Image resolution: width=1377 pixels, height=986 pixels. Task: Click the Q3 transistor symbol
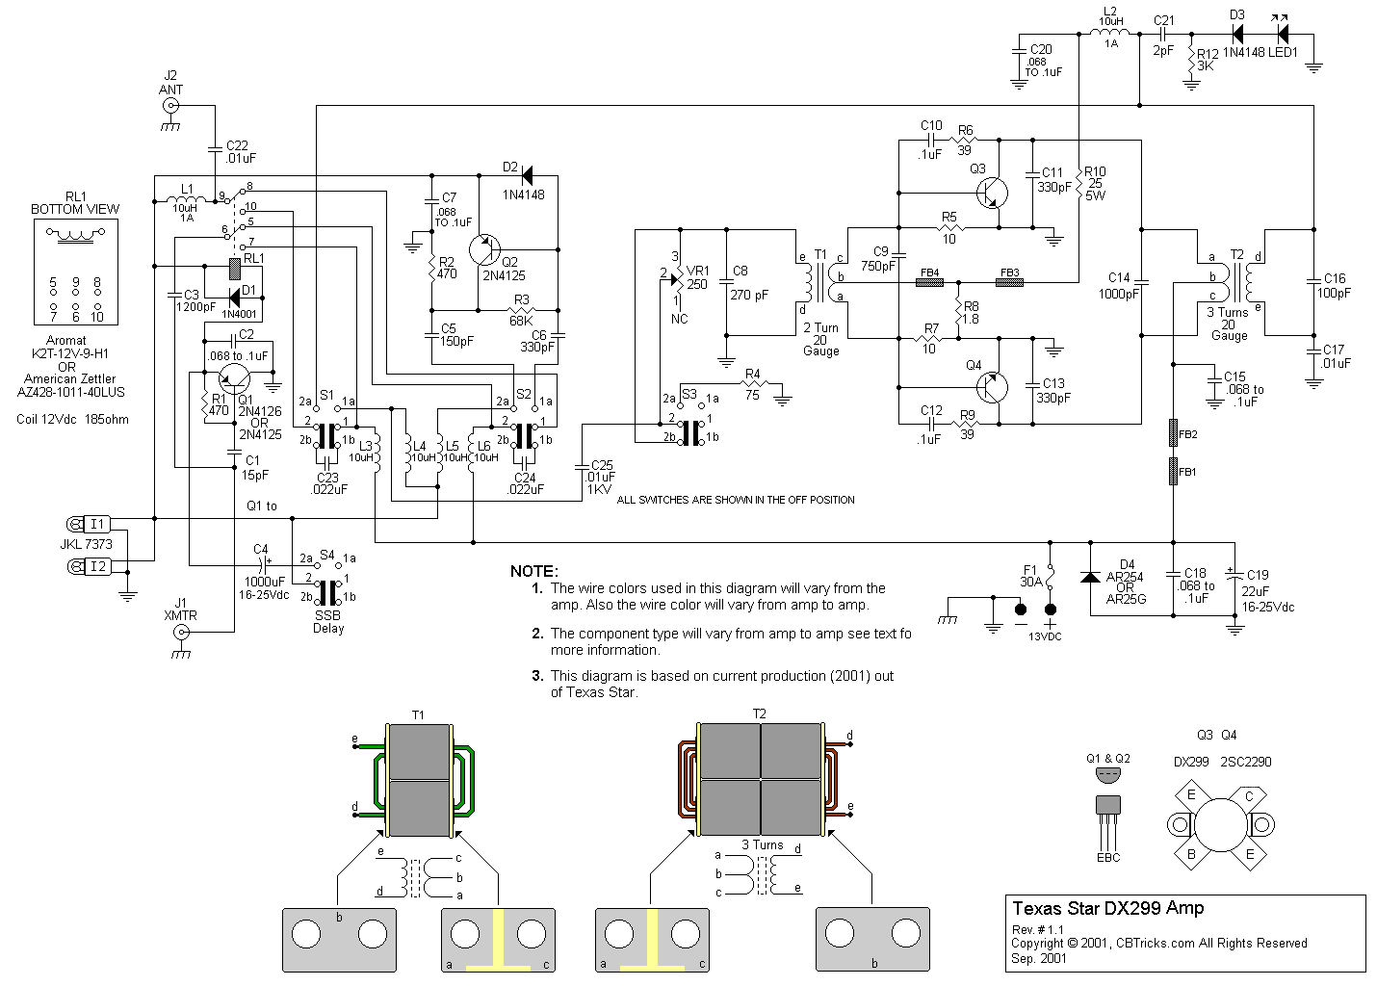[x=992, y=194]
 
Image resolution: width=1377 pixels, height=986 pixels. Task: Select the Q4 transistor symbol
[x=992, y=388]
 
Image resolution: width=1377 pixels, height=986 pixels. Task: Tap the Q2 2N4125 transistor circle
[x=485, y=250]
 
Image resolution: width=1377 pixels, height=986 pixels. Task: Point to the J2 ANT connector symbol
[x=170, y=106]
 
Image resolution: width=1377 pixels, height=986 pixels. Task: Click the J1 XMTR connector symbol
[x=181, y=633]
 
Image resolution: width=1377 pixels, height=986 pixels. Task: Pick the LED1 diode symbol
[x=1282, y=33]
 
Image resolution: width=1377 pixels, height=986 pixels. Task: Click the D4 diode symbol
[x=1090, y=577]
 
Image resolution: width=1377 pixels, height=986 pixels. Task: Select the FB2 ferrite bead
[x=1173, y=433]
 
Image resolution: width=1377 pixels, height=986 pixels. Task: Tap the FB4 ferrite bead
[x=928, y=283]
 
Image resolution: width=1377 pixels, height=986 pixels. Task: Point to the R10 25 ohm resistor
[x=1078, y=182]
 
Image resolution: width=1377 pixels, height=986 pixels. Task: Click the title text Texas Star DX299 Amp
[x=1107, y=908]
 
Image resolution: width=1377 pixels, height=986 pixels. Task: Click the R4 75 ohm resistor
[x=753, y=384]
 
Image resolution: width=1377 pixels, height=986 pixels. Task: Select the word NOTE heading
[x=534, y=571]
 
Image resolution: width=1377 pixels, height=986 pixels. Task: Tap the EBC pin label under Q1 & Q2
[x=1108, y=857]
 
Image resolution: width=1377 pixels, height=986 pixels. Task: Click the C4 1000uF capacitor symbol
[x=260, y=564]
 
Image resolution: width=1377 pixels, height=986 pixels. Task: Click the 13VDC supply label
[x=1045, y=636]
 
